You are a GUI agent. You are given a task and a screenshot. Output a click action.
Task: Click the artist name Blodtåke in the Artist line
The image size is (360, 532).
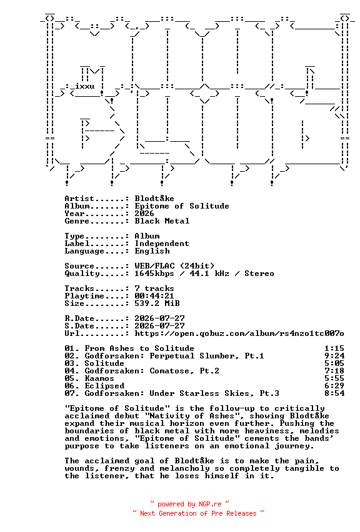154,199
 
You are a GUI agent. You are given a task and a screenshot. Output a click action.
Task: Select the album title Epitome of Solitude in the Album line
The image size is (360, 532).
182,206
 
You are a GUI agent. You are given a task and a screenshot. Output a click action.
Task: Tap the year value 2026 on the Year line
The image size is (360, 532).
144,214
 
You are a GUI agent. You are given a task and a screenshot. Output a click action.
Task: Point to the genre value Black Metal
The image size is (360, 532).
162,221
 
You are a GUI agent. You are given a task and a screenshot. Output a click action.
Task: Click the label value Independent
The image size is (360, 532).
162,244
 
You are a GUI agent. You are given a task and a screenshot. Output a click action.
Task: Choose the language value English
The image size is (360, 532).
152,251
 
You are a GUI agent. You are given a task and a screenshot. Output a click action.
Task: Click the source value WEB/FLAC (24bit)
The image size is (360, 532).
174,266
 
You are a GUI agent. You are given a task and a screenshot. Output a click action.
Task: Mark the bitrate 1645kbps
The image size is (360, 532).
154,273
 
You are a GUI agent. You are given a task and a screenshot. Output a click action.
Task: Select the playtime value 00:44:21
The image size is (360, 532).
154,296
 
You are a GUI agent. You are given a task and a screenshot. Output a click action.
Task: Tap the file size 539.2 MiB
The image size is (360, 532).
157,303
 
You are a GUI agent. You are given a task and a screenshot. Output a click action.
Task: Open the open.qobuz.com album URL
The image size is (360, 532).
239,333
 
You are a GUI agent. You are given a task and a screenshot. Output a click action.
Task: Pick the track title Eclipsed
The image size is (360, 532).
104,386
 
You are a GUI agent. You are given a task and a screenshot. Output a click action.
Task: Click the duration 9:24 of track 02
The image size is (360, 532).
334,356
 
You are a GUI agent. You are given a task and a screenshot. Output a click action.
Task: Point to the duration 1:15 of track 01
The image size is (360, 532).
334,348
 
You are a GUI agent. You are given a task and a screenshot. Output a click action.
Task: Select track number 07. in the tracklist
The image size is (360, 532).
72,393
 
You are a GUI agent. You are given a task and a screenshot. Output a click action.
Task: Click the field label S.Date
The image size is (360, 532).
79,326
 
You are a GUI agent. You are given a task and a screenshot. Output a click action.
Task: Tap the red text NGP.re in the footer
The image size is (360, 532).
210,504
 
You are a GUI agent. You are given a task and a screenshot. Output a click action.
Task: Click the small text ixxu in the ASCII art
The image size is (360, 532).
85,86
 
